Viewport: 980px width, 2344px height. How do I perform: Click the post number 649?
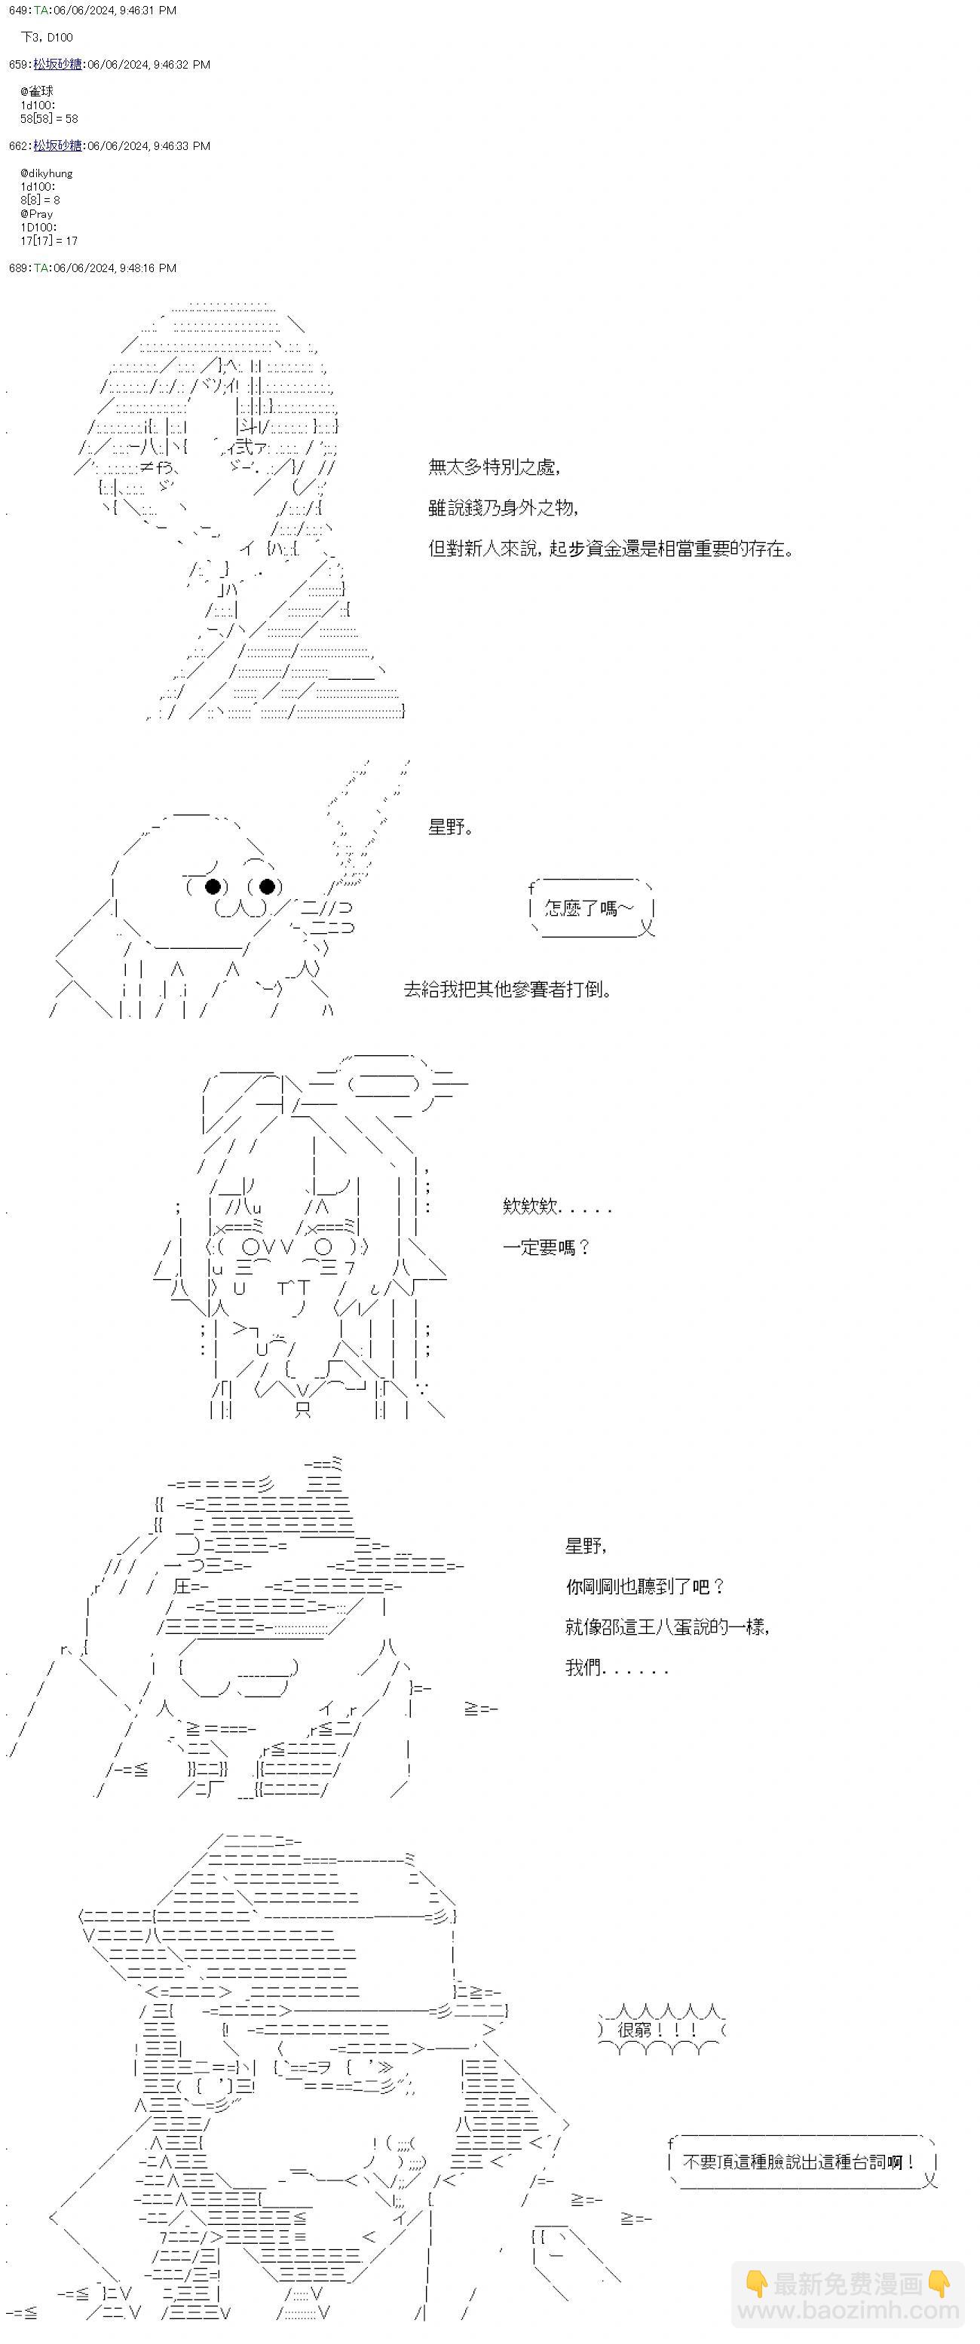point(18,10)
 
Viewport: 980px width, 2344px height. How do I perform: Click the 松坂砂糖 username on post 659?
point(57,65)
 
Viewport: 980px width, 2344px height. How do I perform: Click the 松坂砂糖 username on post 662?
point(57,145)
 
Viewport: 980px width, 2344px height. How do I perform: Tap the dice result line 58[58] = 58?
point(49,118)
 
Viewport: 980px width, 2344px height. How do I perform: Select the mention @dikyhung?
point(47,173)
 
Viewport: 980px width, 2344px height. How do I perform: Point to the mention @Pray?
point(36,214)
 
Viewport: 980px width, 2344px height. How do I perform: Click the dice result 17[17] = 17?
point(49,241)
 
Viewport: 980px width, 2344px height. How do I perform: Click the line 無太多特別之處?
point(493,467)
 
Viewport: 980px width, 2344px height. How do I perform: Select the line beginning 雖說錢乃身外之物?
point(502,508)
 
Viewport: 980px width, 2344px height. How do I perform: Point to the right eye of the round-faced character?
point(267,886)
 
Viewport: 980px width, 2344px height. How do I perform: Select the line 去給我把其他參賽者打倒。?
point(507,989)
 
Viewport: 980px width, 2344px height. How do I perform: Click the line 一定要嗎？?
point(546,1247)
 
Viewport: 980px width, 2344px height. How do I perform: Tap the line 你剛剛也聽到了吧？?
point(645,1586)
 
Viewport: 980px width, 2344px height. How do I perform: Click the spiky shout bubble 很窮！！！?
point(660,2029)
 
